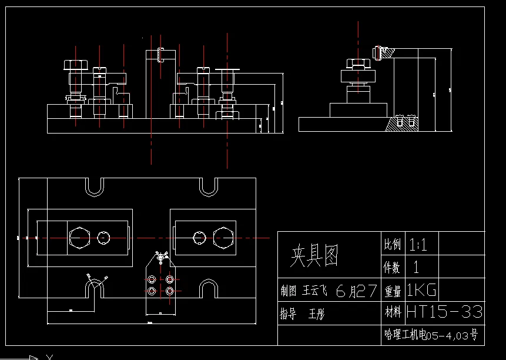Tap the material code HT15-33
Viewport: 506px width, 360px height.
click(x=444, y=311)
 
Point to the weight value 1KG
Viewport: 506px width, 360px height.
click(x=421, y=289)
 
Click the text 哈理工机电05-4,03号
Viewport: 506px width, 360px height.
click(x=431, y=335)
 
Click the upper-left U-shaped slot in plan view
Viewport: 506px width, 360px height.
click(x=94, y=186)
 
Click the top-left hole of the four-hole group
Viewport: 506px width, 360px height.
click(x=152, y=279)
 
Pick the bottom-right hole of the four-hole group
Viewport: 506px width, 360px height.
click(x=170, y=291)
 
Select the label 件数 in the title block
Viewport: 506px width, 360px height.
click(x=392, y=268)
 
